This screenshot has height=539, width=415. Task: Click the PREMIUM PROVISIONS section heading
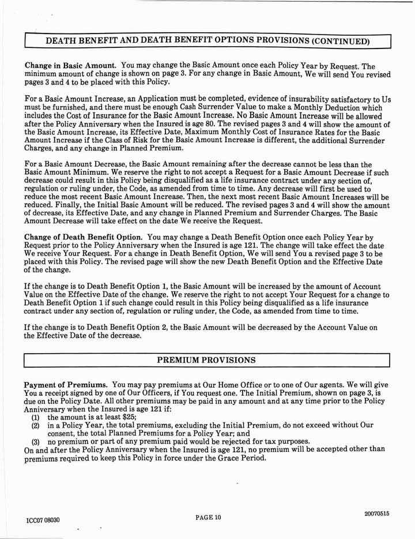pos(207,360)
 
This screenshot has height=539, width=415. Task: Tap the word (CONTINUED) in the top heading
pos(340,41)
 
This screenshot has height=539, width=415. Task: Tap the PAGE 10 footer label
pos(207,516)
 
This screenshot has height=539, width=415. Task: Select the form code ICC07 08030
pos(43,520)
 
